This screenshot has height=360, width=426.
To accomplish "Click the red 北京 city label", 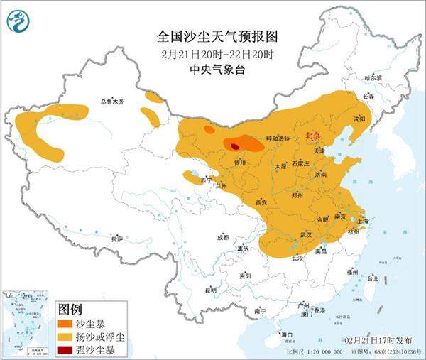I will click(313, 134).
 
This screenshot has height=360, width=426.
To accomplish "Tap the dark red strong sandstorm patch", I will click(235, 146).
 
